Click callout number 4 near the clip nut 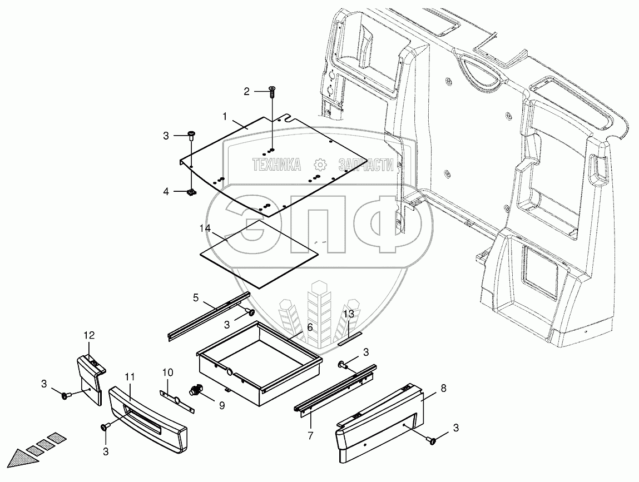point(166,191)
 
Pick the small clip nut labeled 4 point(191,192)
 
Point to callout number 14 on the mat point(205,228)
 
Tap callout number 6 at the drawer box point(309,327)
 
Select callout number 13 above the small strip point(348,315)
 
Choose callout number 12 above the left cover point(90,335)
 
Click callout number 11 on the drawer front point(130,377)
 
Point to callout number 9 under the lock point(221,405)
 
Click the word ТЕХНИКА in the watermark point(276,165)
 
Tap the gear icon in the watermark point(319,165)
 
